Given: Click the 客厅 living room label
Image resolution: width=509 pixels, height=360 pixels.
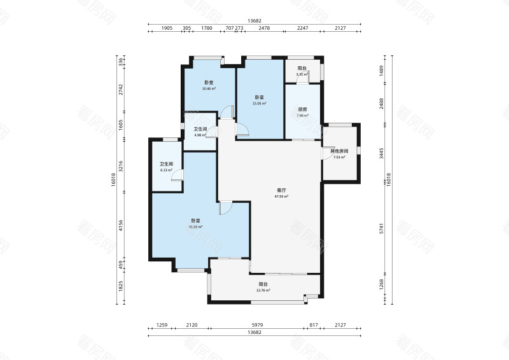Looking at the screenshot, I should coord(281,190).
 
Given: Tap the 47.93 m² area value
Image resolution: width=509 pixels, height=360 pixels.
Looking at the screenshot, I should coord(281,197).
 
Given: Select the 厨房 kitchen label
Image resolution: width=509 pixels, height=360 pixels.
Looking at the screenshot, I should coord(302,109).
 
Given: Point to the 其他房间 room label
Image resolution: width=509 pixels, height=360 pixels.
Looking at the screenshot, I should coord(339,151).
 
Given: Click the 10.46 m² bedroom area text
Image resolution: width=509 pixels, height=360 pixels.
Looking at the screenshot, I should coord(209,88).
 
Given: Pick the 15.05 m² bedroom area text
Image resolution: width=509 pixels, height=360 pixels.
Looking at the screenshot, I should coord(259,102).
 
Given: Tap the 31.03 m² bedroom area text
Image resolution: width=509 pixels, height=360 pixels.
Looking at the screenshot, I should coord(195,226).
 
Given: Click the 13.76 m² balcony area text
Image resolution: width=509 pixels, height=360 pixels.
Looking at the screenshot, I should coord(263,290).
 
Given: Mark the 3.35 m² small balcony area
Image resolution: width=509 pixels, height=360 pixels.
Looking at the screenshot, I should coord(302,74).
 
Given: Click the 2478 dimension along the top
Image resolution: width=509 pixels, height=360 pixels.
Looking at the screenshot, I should coord(264,28).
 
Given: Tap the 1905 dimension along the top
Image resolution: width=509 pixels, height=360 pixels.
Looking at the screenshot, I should coord(167,28).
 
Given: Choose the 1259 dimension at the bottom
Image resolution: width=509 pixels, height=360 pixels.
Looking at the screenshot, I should coord(162,325).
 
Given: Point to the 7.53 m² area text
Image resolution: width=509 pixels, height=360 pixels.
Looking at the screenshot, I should coord(339,157).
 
